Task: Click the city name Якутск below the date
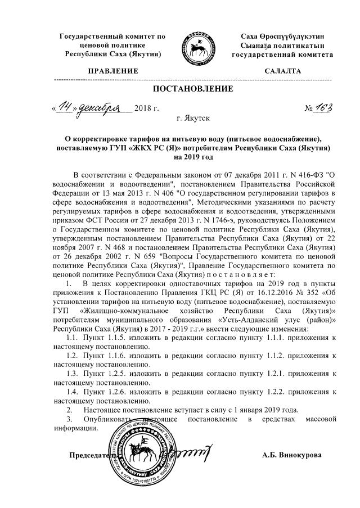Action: pos(193,119)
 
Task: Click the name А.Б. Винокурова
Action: pos(292,455)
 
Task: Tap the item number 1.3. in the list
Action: pos(74,373)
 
